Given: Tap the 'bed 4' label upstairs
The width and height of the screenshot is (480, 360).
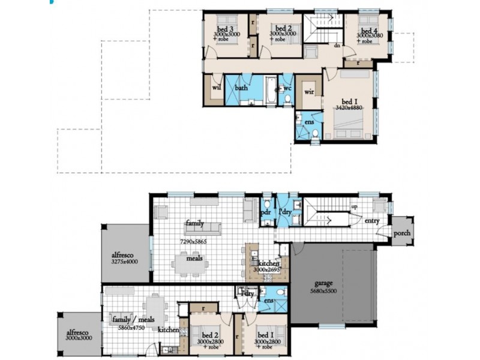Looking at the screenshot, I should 368,29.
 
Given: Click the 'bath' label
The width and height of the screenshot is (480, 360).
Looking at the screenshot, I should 241,88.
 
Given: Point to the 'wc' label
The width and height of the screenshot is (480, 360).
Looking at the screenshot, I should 287,88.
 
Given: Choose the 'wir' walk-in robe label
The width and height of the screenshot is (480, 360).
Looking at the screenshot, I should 310,92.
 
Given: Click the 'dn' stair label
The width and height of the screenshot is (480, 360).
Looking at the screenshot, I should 337,46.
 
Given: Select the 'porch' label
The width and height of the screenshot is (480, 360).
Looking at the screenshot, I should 401,233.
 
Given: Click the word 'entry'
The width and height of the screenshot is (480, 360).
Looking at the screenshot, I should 372,221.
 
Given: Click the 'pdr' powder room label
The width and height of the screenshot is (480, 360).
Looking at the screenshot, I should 265,212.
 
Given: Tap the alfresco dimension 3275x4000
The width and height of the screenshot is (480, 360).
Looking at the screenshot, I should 124,262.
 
